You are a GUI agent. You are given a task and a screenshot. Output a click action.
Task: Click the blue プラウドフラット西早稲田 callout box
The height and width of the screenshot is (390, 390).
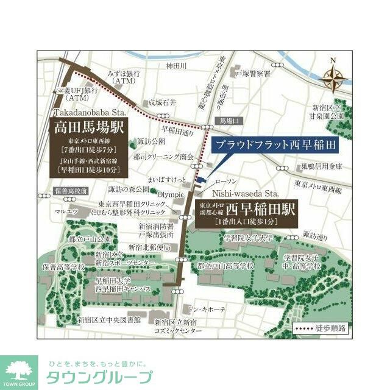click(x=274, y=146)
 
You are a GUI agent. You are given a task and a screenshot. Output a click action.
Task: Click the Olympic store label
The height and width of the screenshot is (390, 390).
click(x=171, y=194)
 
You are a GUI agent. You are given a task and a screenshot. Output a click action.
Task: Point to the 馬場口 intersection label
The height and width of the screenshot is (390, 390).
click(x=227, y=120)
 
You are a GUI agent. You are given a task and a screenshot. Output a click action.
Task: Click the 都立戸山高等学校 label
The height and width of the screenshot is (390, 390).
click(x=226, y=266)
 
